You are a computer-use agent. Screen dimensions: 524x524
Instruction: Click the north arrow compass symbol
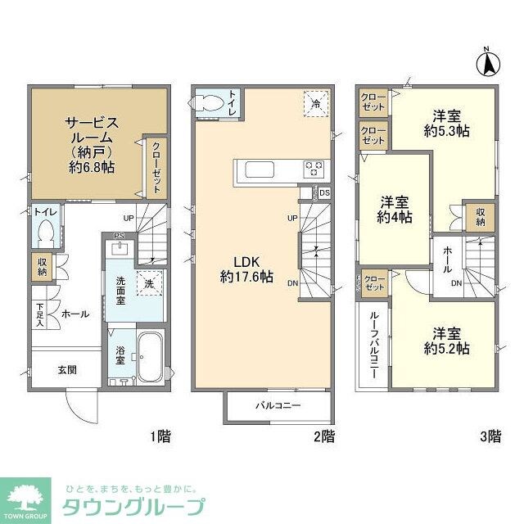[489, 63]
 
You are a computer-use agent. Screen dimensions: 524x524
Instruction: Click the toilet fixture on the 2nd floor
[207, 103]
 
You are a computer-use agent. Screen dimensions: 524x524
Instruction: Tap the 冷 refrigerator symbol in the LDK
[315, 103]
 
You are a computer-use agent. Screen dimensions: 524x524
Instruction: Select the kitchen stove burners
[314, 169]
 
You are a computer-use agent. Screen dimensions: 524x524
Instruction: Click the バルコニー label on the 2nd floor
[278, 405]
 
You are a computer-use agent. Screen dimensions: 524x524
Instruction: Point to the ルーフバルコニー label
[373, 344]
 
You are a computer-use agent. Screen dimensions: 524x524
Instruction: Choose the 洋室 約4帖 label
[395, 210]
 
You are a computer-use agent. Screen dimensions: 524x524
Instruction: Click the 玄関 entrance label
[67, 369]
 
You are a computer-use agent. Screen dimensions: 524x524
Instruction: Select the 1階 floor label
[159, 436]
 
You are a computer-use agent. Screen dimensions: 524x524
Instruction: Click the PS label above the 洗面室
[119, 237]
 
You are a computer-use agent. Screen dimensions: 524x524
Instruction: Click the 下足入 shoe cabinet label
[39, 314]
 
